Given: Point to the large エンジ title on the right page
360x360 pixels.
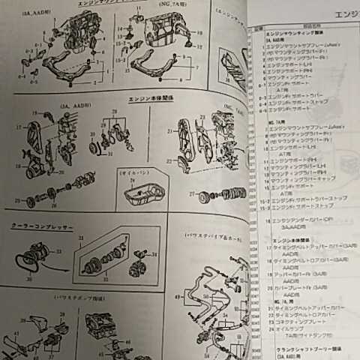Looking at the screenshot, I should coord(334,13).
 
